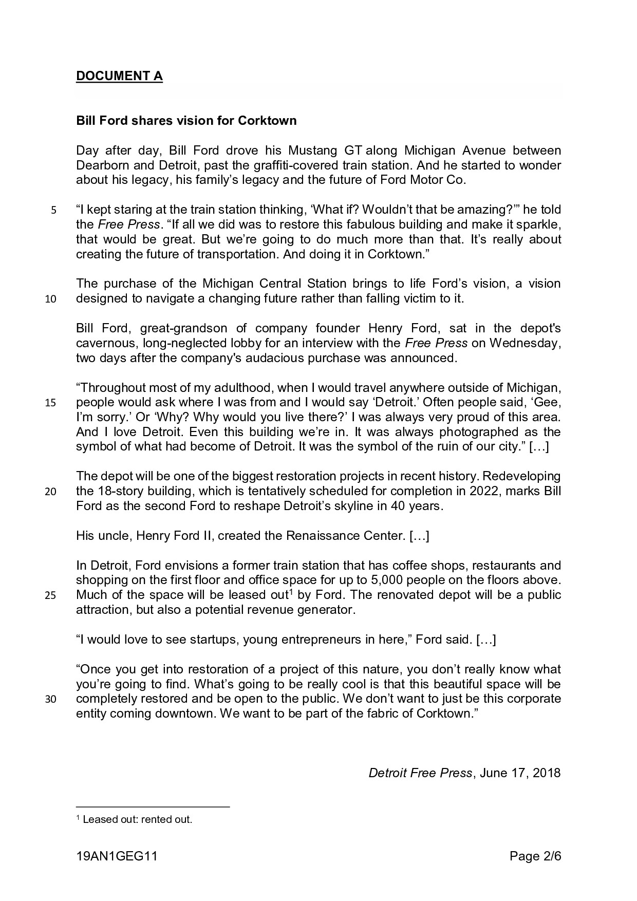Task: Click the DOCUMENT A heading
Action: (119, 76)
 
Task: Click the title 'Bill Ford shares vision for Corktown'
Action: (186, 121)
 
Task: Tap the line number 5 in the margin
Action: (53, 210)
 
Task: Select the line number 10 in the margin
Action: (50, 299)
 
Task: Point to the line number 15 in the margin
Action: (50, 403)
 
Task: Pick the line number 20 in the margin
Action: (50, 492)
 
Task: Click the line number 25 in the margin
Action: (50, 596)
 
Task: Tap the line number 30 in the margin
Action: (50, 700)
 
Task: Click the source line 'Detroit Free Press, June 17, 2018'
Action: (464, 773)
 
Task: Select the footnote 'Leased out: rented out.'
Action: (137, 819)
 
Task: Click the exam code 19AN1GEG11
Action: (117, 856)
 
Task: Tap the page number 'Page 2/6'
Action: (535, 856)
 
